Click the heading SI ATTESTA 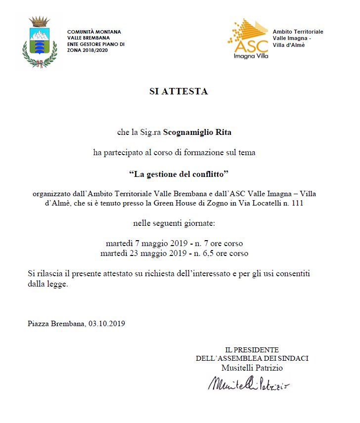[179, 91]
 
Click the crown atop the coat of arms [39, 22]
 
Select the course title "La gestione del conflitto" [179, 174]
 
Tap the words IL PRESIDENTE [252, 350]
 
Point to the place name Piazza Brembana [56, 324]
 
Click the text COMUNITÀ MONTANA [94, 32]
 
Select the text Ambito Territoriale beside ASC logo [298, 32]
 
